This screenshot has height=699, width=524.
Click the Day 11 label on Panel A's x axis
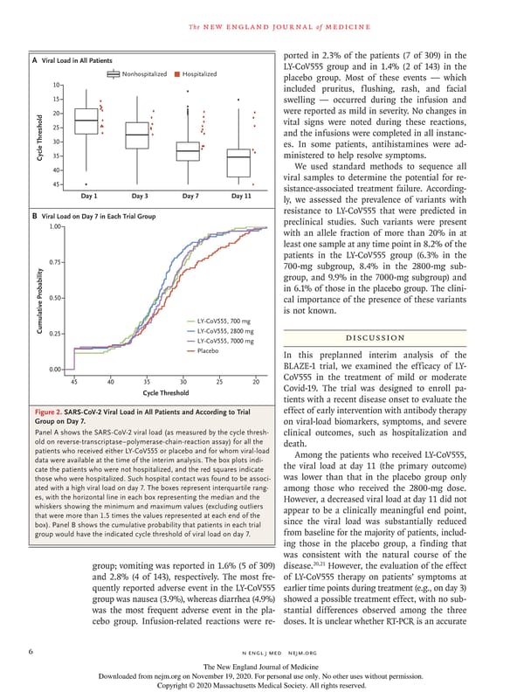241,197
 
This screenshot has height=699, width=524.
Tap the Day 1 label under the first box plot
88,197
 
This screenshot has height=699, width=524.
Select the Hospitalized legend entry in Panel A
202,74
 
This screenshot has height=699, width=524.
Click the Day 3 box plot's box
137,135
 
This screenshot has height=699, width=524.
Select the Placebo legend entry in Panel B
207,350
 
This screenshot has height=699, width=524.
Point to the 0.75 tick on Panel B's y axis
52,262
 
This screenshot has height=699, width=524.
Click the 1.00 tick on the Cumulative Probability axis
52,226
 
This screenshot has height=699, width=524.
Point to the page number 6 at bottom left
31,650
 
